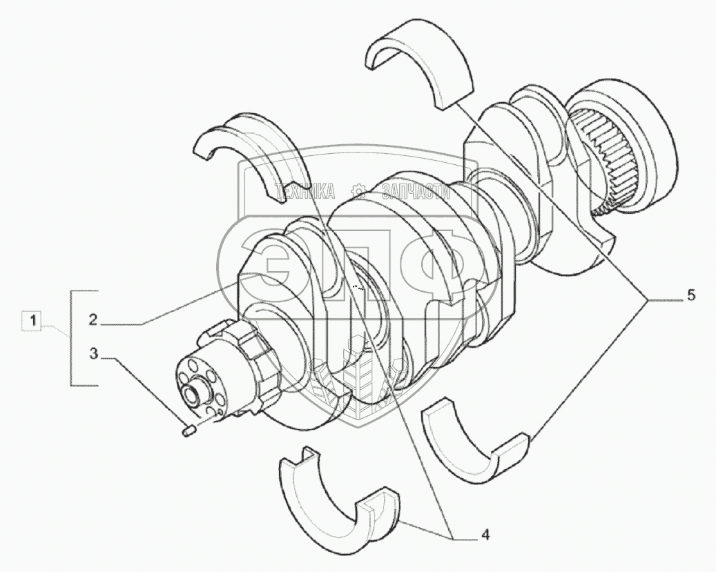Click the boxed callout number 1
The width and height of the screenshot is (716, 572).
32,320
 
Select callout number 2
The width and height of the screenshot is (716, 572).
93,320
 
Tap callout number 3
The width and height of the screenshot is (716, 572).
93,354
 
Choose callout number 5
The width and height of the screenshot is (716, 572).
690,295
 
